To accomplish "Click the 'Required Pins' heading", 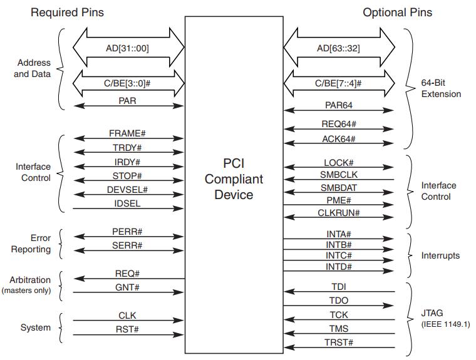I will tap(68, 12).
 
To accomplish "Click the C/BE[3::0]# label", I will tap(128, 81).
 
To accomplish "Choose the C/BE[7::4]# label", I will tap(338, 81).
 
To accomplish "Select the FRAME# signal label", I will tap(128, 134).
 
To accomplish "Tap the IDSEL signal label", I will tap(128, 203).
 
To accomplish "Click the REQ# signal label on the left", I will tap(128, 274).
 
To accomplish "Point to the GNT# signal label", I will tap(128, 287).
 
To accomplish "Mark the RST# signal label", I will tap(128, 329).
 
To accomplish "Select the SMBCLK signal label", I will tap(338, 175).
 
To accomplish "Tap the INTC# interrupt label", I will tap(338, 255).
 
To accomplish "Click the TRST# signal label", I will tap(338, 342).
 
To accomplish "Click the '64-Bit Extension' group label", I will tap(441, 88).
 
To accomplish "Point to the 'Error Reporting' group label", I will tap(32, 244).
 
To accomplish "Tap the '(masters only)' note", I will tap(26, 291).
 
